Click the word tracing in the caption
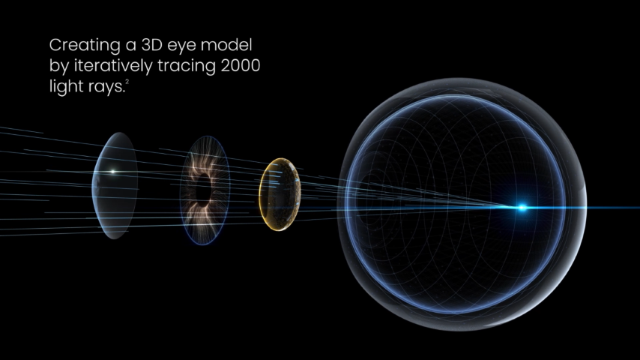coord(186,67)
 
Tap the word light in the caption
coord(66,87)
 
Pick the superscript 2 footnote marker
coord(127,82)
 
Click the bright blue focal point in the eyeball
coord(522,208)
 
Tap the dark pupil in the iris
coord(203,190)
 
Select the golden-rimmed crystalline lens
coord(280,194)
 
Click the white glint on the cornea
coord(113,172)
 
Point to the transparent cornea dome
coord(115,185)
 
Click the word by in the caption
coord(58,67)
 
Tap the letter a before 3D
coord(130,46)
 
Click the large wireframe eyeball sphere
coord(462,204)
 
